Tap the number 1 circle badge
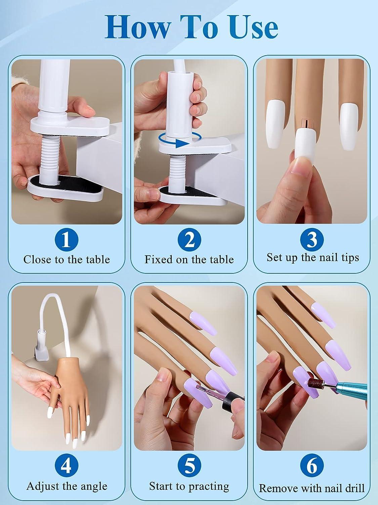pos(66,239)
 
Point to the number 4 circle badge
pos(66,466)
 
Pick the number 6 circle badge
pos(312,466)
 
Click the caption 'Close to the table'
pos(67,259)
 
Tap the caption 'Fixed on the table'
pos(189,259)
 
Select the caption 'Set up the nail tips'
pos(313,257)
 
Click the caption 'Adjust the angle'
pos(67,486)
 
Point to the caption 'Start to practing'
pos(189,486)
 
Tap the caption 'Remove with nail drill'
pos(312,488)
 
